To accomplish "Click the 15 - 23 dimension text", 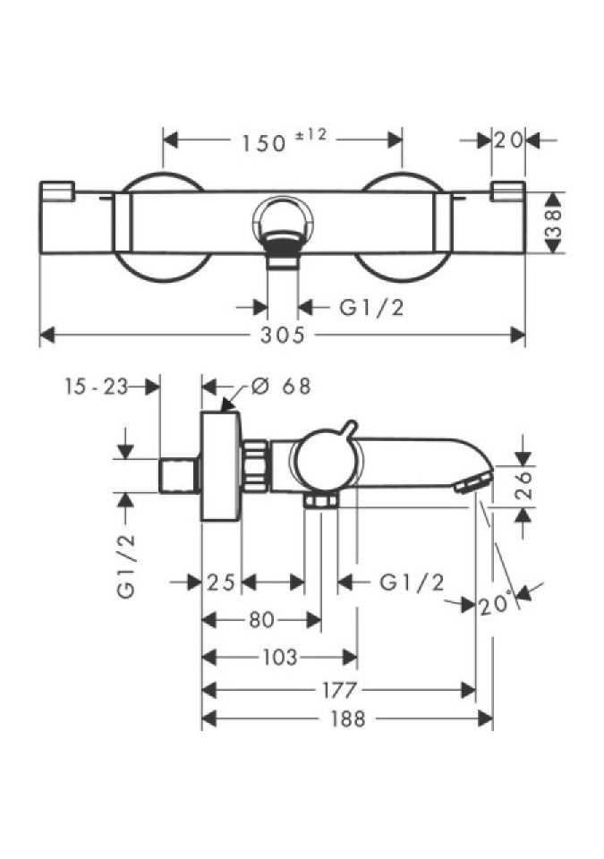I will click(95, 387).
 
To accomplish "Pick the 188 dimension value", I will click(347, 719).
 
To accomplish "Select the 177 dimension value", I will click(340, 690).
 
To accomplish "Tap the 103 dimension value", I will click(279, 658).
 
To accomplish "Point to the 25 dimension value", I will click(221, 583).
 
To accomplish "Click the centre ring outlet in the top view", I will click(284, 220).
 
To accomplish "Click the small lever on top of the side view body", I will click(350, 429).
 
